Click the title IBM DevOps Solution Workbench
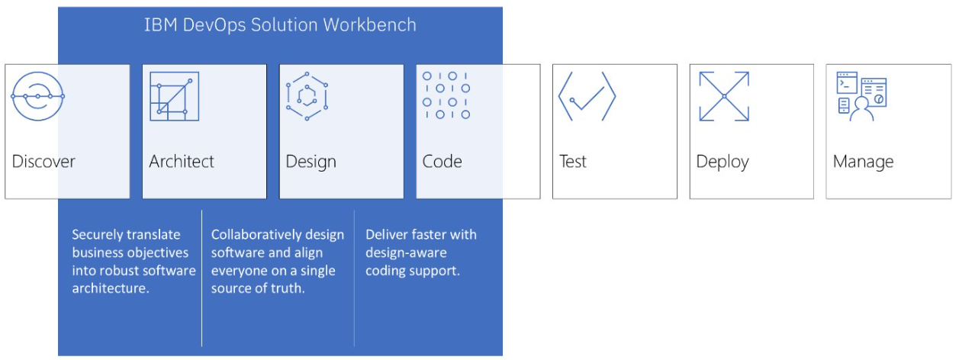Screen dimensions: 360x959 tap(280, 24)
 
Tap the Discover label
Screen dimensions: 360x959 tap(43, 162)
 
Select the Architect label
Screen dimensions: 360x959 tap(182, 162)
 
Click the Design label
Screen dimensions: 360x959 tap(311, 162)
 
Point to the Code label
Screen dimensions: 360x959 tap(442, 162)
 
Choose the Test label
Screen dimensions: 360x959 tap(573, 162)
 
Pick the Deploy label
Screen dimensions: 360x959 tap(722, 162)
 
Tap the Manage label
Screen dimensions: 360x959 tap(863, 162)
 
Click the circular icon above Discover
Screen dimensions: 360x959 tap(37, 97)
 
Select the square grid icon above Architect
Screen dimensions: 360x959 tap(174, 97)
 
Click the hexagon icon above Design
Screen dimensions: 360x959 tap(307, 97)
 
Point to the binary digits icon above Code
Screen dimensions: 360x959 tap(446, 97)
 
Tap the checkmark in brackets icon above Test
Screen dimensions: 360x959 tap(586, 97)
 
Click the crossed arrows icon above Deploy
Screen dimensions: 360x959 tap(724, 97)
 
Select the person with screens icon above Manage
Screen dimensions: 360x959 tap(861, 97)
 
